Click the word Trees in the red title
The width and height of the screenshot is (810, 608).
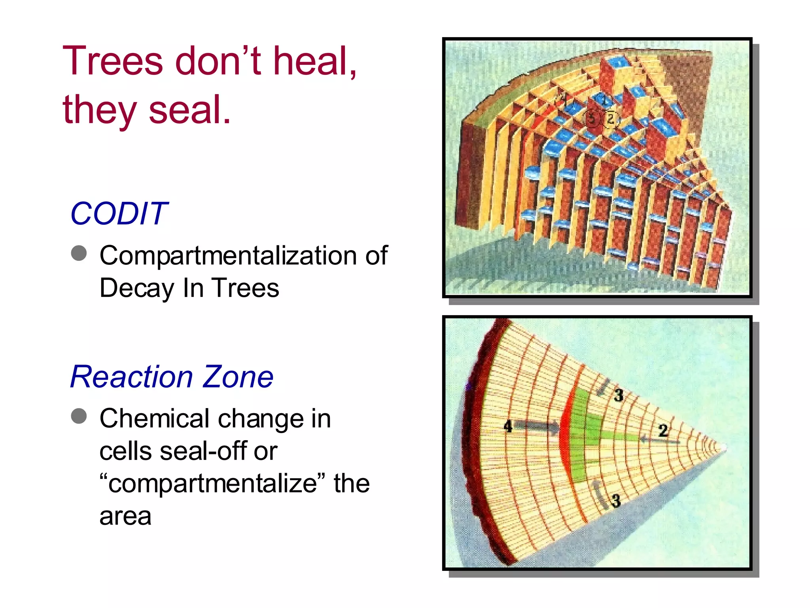113,61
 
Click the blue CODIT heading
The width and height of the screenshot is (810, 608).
119,214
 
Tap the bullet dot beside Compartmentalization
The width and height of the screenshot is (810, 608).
79,253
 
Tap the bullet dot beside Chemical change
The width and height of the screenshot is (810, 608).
79,416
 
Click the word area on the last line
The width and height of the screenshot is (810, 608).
125,517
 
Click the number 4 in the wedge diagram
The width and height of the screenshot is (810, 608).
508,426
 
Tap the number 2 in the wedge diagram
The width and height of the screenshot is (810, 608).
663,431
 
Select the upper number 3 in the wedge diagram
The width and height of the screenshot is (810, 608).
619,395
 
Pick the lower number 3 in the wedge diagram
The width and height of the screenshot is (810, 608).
616,501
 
